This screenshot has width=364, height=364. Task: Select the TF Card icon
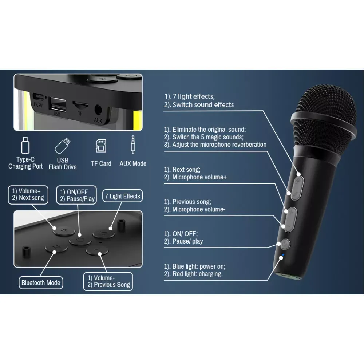click(x=101, y=145)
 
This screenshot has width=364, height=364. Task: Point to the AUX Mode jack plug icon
click(x=133, y=145)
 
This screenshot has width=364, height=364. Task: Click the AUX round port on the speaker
click(x=98, y=110)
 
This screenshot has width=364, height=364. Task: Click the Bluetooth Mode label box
click(x=41, y=282)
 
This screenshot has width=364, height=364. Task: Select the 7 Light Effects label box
click(x=122, y=196)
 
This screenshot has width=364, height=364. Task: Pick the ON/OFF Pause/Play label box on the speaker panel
click(x=77, y=195)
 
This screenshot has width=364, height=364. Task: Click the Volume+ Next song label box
click(x=28, y=195)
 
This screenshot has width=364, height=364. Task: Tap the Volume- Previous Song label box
click(x=108, y=281)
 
